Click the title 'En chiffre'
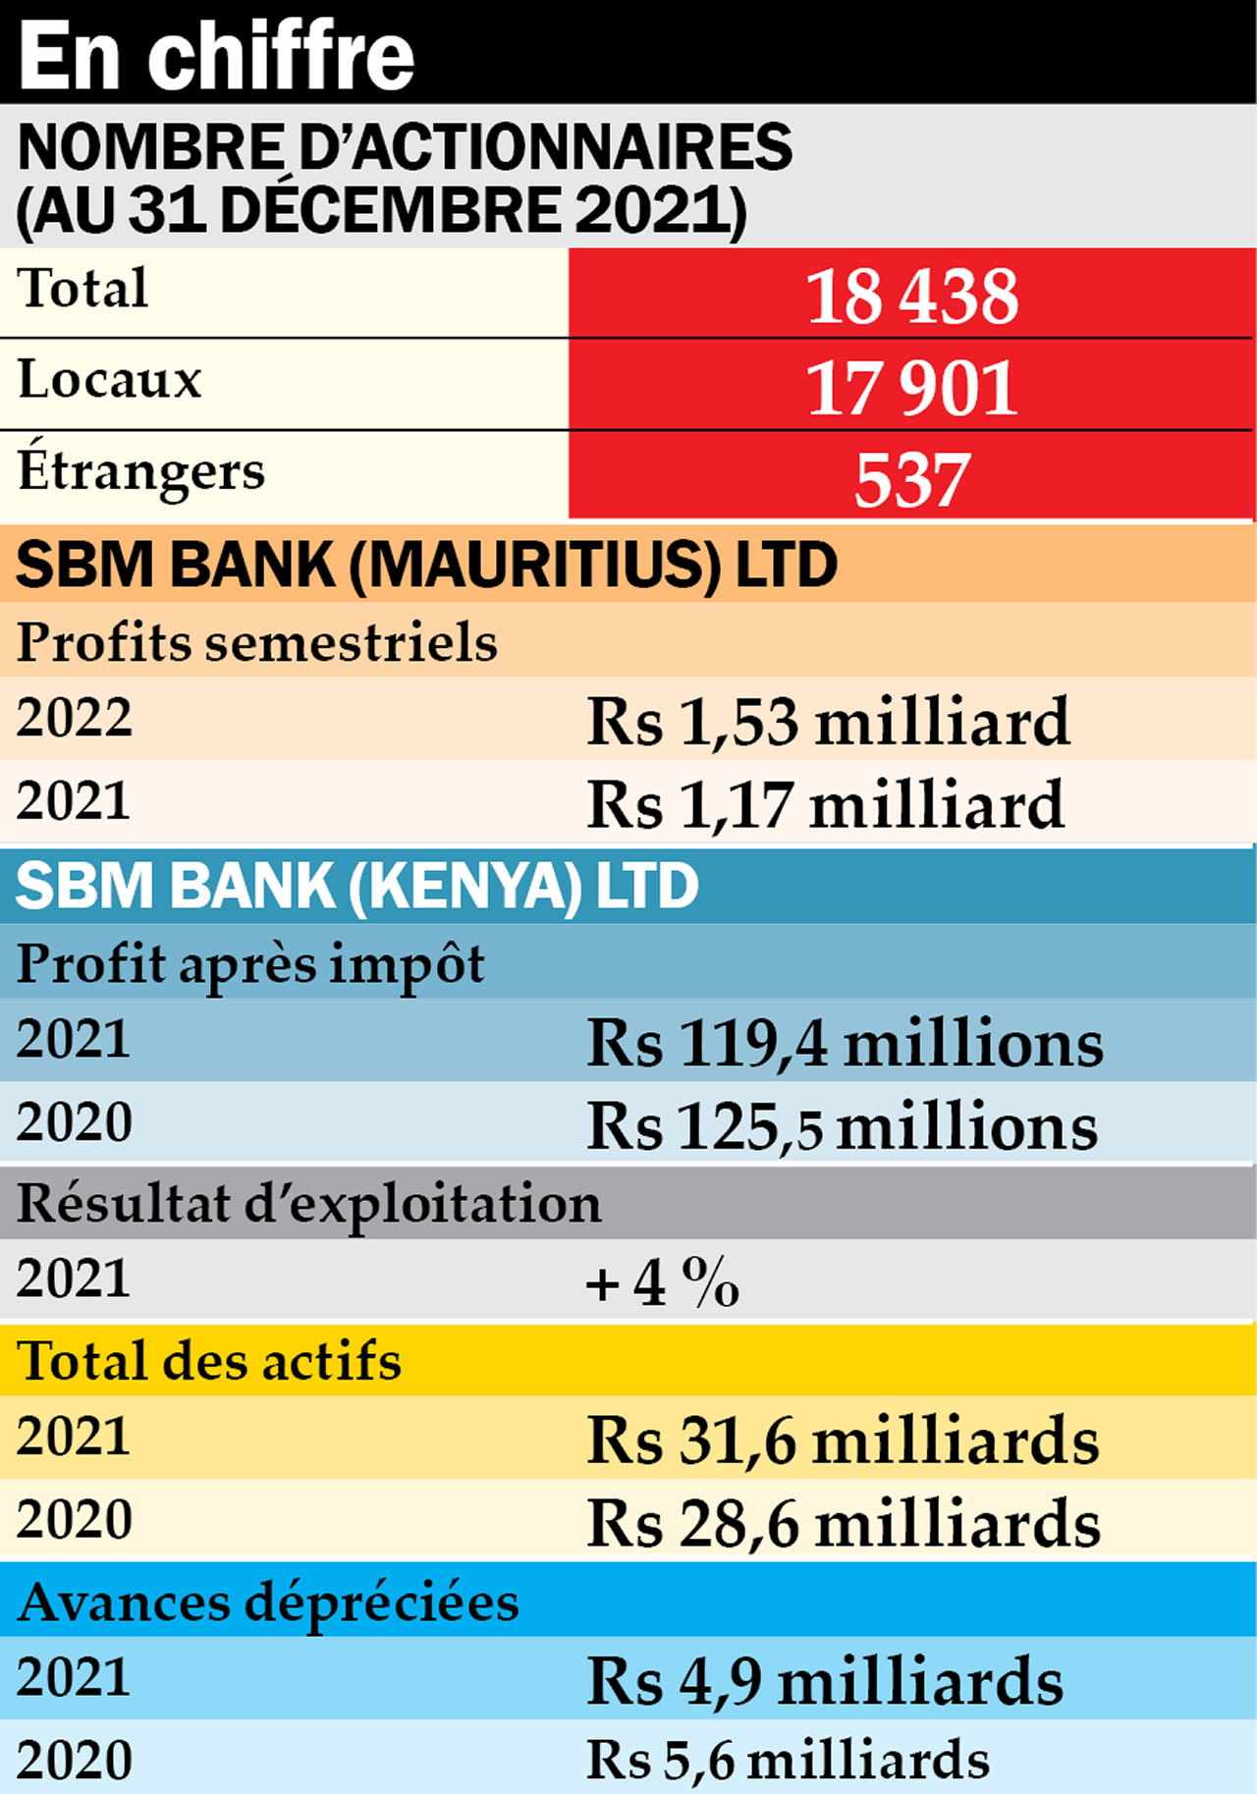pyautogui.click(x=216, y=56)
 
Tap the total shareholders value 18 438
pyautogui.click(x=911, y=296)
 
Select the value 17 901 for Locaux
pyautogui.click(x=911, y=388)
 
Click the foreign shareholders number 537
pyautogui.click(x=911, y=480)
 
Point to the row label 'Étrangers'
pyautogui.click(x=141, y=471)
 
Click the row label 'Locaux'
pyautogui.click(x=110, y=380)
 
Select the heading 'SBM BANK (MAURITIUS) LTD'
pyautogui.click(x=426, y=566)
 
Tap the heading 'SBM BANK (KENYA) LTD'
pyautogui.click(x=356, y=886)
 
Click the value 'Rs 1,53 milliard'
pyautogui.click(x=827, y=722)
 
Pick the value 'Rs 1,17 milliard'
pyautogui.click(x=825, y=805)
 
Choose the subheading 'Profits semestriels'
pyautogui.click(x=257, y=643)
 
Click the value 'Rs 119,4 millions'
pyautogui.click(x=845, y=1043)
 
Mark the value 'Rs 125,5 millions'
pyautogui.click(x=842, y=1126)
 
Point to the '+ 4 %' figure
pyautogui.click(x=662, y=1282)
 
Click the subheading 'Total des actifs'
pyautogui.click(x=209, y=1362)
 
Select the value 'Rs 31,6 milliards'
pyautogui.click(x=843, y=1441)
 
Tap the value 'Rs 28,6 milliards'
pyautogui.click(x=843, y=1524)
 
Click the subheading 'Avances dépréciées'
pyautogui.click(x=268, y=1603)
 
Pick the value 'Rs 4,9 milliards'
pyautogui.click(x=825, y=1681)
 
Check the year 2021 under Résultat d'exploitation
pyautogui.click(x=74, y=1279)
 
